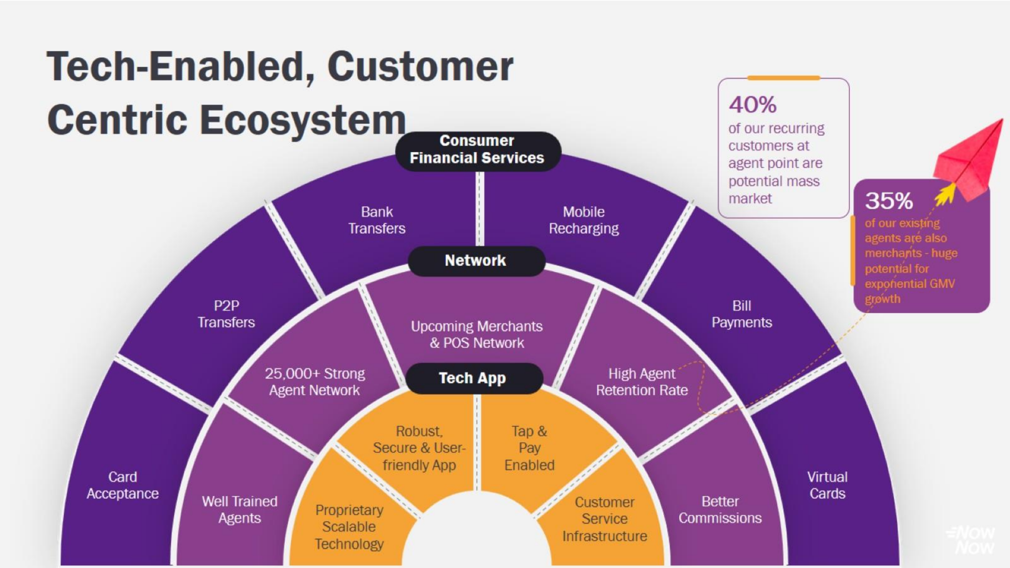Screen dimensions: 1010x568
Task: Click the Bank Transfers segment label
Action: click(x=377, y=220)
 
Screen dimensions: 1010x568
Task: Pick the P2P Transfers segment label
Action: click(x=226, y=314)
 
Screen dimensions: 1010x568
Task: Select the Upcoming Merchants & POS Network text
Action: click(x=477, y=334)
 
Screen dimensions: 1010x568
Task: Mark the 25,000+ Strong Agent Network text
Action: click(x=315, y=382)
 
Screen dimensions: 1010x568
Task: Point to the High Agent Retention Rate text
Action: click(x=642, y=382)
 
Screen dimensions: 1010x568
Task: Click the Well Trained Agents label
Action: click(x=240, y=510)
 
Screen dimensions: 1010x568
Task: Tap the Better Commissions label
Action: click(x=720, y=510)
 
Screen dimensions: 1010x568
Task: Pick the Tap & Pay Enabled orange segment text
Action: click(x=529, y=448)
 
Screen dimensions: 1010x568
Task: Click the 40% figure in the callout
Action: click(x=752, y=105)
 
